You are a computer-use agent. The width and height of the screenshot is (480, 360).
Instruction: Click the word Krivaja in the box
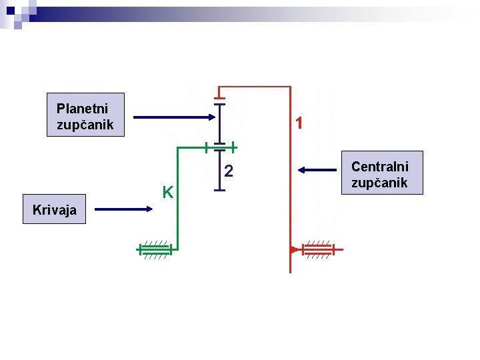(55, 211)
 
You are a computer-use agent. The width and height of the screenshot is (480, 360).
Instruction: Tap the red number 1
(301, 123)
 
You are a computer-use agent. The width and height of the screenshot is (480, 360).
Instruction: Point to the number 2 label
(228, 171)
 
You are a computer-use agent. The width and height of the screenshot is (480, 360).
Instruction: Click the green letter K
(169, 193)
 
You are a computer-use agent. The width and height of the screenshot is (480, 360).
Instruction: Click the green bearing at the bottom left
(155, 250)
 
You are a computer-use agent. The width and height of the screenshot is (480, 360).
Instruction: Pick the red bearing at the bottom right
(319, 250)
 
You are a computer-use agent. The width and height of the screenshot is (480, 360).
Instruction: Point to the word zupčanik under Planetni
(85, 125)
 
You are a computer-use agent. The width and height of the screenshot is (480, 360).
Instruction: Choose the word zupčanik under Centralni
(380, 183)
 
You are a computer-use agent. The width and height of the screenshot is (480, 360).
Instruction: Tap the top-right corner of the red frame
(291, 87)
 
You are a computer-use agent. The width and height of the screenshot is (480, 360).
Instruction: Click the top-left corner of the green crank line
(177, 147)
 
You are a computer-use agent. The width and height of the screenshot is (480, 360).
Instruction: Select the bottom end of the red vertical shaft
(291, 271)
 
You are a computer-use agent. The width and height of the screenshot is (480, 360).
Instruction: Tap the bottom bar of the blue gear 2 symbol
(221, 190)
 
